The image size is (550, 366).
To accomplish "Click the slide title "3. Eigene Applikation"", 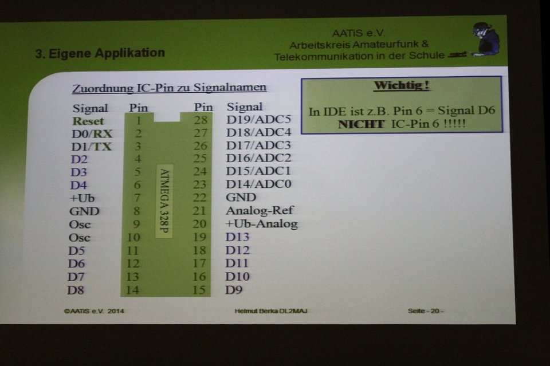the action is [x=100, y=53].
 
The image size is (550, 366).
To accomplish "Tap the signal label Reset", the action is [x=88, y=121].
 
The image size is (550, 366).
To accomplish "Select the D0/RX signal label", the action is [x=92, y=134].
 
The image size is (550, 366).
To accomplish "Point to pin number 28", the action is [x=201, y=120].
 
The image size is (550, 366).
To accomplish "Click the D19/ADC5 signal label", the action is [x=259, y=120].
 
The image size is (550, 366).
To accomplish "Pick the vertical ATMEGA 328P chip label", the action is [x=164, y=201].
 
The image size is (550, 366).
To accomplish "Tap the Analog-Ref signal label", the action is [x=260, y=210].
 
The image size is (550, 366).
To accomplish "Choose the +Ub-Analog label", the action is [x=262, y=223].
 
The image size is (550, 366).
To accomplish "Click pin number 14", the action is [x=132, y=290].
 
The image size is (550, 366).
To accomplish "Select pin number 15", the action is [x=199, y=290].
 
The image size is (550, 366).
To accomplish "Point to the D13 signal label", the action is [x=237, y=237].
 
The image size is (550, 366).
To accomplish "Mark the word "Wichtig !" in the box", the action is [x=402, y=85].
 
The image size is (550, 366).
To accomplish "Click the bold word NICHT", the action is [x=362, y=124].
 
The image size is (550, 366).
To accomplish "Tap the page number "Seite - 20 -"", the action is [x=426, y=311].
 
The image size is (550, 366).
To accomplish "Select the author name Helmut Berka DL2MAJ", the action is [x=271, y=311].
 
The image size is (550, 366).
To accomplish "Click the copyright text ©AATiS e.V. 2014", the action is [x=94, y=311].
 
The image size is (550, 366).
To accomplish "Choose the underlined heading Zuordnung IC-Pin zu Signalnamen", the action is [x=169, y=88].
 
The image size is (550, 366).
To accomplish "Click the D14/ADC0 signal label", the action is [x=258, y=184].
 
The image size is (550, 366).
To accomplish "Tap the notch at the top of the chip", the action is [x=167, y=117].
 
